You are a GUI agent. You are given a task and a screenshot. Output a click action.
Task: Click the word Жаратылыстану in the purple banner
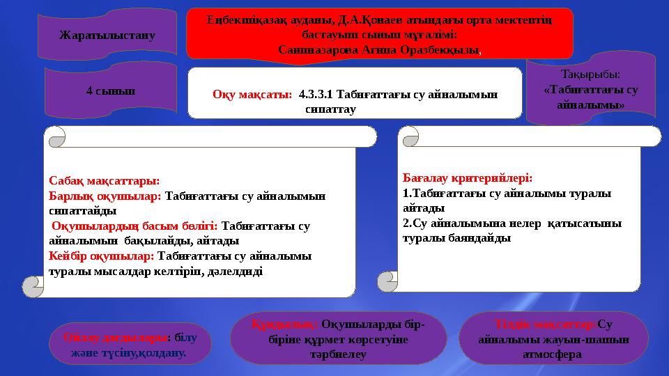(x=107, y=34)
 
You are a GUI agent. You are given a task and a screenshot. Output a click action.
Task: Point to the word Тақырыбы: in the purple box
(x=590, y=74)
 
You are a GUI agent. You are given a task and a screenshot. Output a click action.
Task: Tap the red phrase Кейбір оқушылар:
(x=102, y=256)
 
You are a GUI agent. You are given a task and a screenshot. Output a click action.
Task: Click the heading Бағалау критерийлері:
(x=467, y=178)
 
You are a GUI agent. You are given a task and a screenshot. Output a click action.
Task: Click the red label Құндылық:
(x=284, y=324)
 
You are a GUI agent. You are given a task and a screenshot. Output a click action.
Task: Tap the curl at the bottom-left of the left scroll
(x=33, y=285)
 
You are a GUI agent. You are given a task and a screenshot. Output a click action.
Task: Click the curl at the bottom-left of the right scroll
(x=387, y=281)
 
